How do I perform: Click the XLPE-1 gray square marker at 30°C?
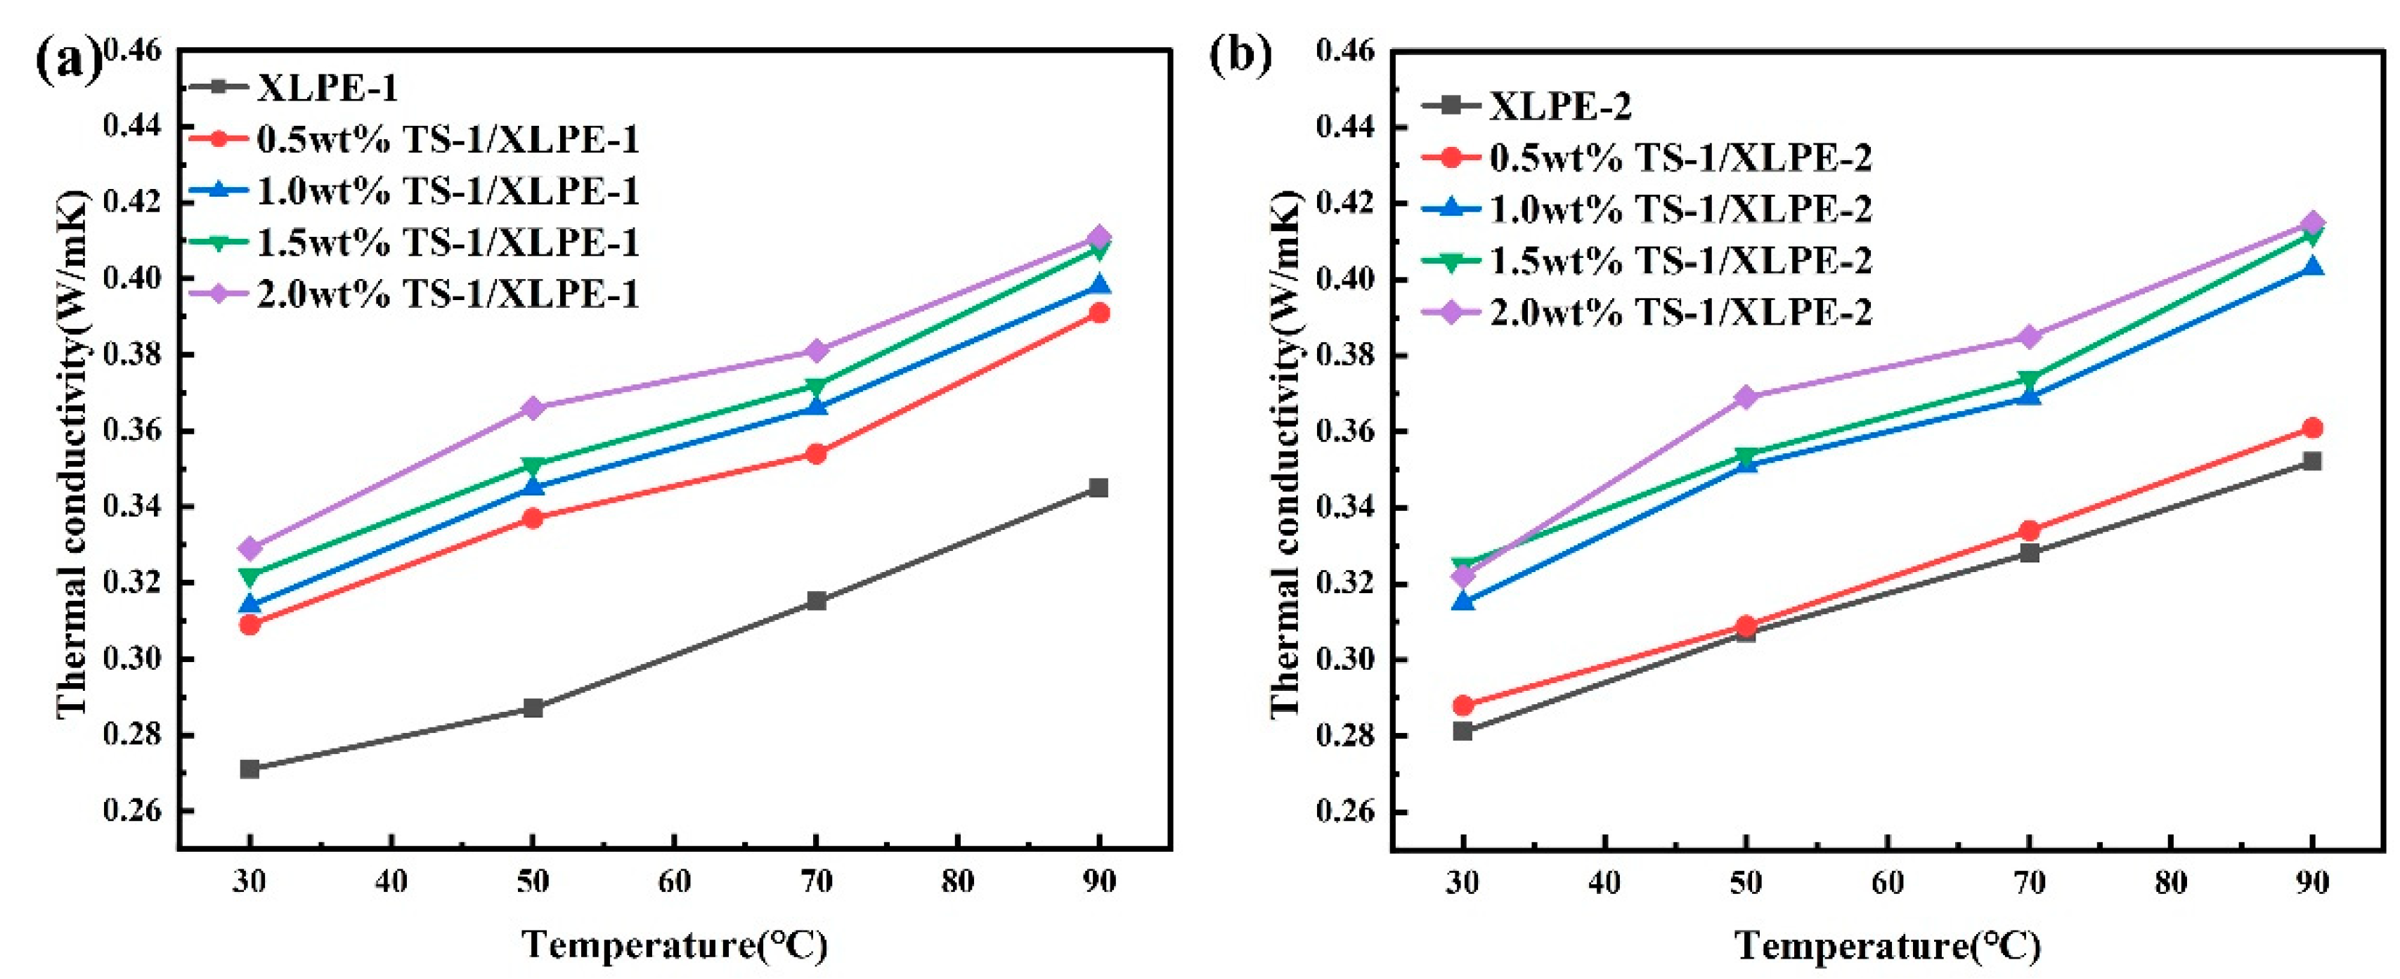pos(249,768)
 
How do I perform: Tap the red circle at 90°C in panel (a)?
pos(1099,313)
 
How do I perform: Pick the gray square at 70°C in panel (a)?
pos(816,601)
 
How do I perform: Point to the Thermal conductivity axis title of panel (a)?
pos(72,456)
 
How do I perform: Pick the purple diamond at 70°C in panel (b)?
pos(2029,336)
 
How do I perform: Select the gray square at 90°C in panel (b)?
pos(2312,461)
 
